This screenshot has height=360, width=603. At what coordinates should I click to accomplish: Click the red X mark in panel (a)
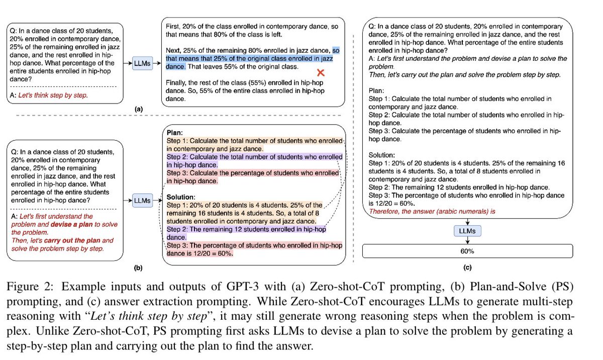(x=320, y=73)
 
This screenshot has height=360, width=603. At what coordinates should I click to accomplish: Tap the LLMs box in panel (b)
(x=142, y=201)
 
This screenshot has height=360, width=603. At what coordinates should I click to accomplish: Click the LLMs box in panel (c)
(x=468, y=231)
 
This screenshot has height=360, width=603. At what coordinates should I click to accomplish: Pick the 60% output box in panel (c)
(x=468, y=250)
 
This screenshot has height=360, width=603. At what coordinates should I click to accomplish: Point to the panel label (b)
(x=138, y=268)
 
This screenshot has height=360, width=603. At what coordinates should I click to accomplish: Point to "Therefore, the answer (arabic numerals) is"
(x=432, y=212)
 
